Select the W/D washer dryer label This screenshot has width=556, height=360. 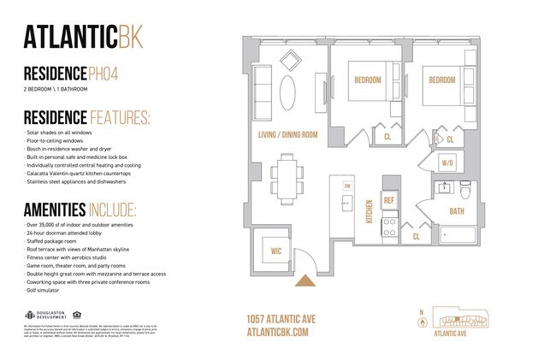(x=447, y=162)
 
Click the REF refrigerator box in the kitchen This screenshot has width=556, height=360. (x=388, y=200)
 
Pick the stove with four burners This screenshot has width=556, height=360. (x=388, y=227)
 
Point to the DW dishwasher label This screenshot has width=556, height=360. (x=347, y=186)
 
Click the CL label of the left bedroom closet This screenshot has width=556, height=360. (x=387, y=135)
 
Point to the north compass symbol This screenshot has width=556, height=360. (x=419, y=322)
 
